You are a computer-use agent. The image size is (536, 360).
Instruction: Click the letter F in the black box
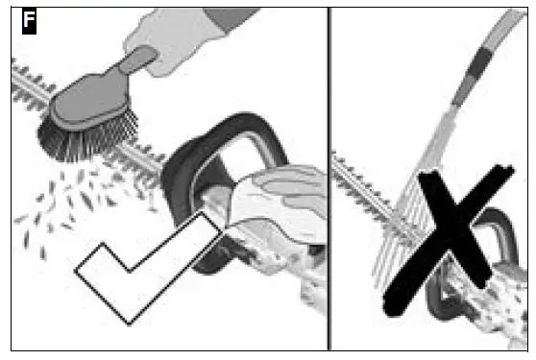tap(29, 21)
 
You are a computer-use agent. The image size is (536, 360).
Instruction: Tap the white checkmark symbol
tap(144, 269)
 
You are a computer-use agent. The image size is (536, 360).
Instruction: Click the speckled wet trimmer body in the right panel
tap(490, 307)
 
